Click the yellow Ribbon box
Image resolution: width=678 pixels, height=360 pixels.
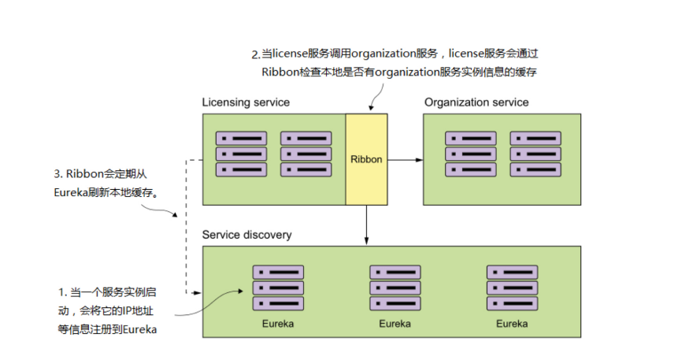[x=366, y=159]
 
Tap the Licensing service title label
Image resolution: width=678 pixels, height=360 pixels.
[x=246, y=102]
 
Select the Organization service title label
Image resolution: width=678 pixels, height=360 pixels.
[x=476, y=102]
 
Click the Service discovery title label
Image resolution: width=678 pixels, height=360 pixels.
[x=246, y=235]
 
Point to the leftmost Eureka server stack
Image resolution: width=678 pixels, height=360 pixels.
[x=278, y=288]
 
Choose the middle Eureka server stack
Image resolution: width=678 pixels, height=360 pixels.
[x=395, y=288]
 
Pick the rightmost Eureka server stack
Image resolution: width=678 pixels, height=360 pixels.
[x=512, y=288]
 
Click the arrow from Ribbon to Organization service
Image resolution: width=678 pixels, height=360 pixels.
[x=405, y=159]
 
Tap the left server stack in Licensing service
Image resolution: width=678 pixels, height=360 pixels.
[x=242, y=154]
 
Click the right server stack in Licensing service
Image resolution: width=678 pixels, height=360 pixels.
[x=306, y=154]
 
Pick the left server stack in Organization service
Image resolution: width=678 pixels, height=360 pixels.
[x=471, y=154]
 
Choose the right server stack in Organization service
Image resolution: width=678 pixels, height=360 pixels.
[x=535, y=154]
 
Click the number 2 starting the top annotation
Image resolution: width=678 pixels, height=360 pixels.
[x=254, y=55]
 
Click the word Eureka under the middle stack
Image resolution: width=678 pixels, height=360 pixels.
[x=395, y=323]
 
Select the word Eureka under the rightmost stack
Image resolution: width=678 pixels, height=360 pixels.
[x=512, y=323]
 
